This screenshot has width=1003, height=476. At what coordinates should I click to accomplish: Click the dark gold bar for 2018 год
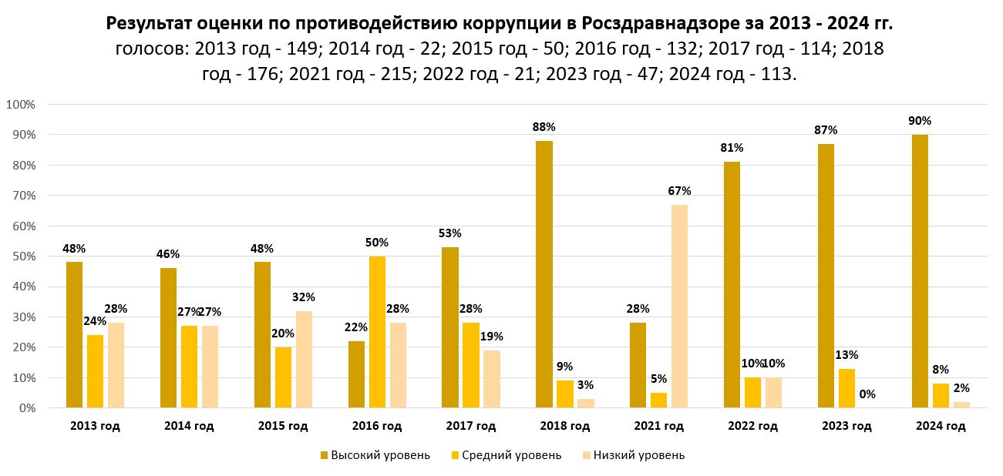tap(544, 274)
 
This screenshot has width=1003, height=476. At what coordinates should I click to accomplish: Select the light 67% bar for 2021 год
tap(679, 307)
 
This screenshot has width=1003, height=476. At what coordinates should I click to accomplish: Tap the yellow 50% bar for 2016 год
tap(377, 332)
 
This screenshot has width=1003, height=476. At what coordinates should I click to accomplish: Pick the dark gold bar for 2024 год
tap(920, 271)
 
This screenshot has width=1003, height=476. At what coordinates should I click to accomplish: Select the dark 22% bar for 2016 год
tap(357, 374)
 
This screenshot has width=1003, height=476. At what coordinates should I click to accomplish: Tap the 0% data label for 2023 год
tap(867, 394)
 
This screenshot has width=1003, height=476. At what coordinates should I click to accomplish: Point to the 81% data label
tap(732, 148)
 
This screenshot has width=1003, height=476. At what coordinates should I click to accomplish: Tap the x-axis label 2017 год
tap(471, 426)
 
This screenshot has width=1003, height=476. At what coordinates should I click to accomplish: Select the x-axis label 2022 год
tap(752, 426)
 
